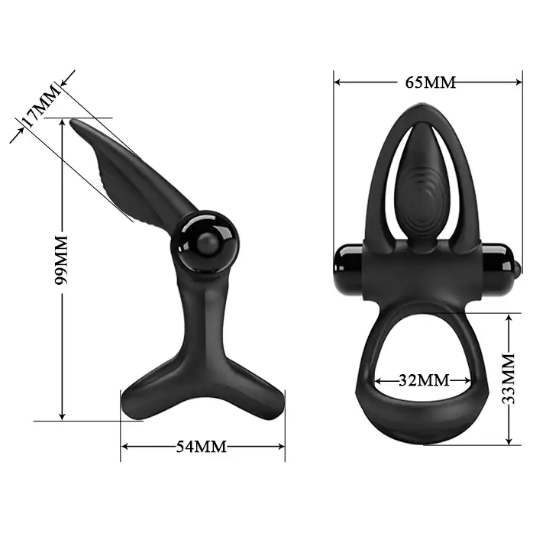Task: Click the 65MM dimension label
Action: pyautogui.click(x=430, y=82)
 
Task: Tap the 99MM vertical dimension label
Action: pyautogui.click(x=62, y=260)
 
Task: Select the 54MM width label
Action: pyautogui.click(x=202, y=446)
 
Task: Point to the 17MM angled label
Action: pyautogui.click(x=41, y=105)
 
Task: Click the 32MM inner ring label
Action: pyautogui.click(x=424, y=380)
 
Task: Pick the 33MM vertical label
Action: pyautogui.click(x=509, y=379)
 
